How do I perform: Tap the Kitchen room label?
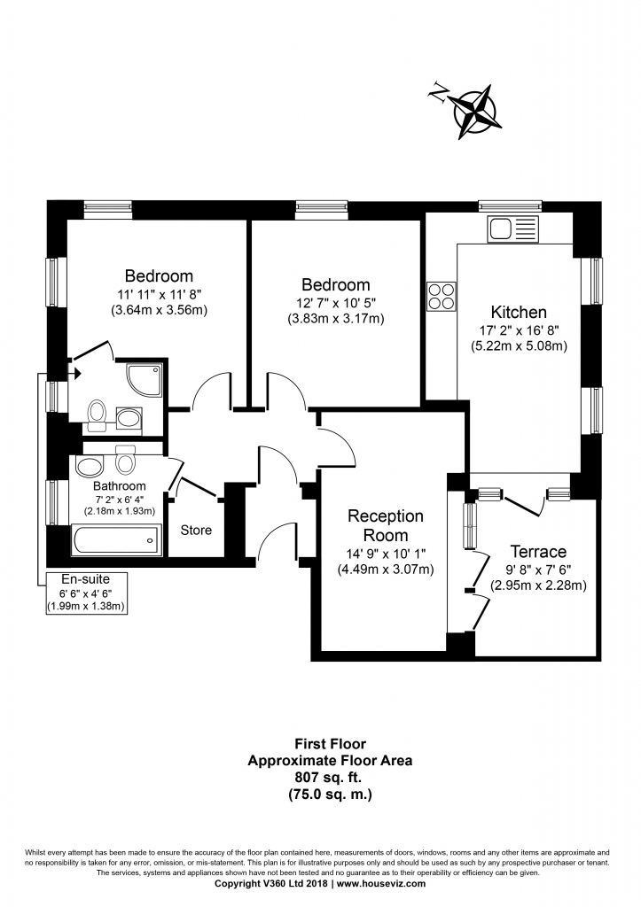(519, 312)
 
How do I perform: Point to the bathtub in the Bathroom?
(116, 539)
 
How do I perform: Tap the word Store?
(196, 530)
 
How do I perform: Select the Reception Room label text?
(385, 525)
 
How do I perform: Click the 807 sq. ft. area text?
(330, 777)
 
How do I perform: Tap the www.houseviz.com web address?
(381, 883)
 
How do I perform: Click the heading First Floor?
(330, 744)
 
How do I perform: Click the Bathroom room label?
(119, 485)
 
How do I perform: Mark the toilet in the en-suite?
(98, 414)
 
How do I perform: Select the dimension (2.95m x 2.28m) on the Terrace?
(539, 585)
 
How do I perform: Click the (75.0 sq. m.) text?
(330, 794)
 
